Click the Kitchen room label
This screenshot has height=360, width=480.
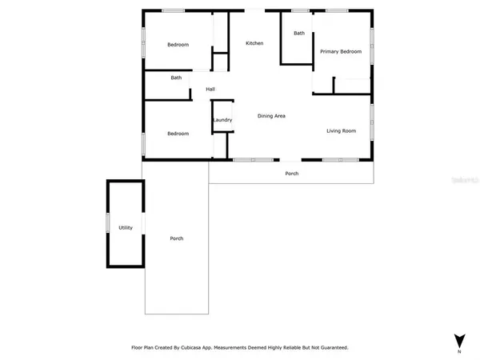254,43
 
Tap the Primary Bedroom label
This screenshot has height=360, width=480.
341,52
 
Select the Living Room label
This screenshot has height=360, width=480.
341,130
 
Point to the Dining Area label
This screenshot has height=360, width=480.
271,117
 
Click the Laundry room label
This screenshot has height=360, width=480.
222,121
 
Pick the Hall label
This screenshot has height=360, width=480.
210,89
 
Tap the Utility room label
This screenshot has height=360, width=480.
126,228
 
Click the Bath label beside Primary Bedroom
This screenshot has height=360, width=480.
299,34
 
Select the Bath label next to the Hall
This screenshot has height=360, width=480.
176,78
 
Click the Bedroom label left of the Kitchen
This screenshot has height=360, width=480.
178,45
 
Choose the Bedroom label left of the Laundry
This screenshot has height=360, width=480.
178,134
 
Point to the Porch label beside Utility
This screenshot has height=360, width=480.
177,238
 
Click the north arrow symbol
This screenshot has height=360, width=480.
459,339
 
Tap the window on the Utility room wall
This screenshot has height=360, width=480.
108,222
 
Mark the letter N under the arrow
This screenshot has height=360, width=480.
459,352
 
